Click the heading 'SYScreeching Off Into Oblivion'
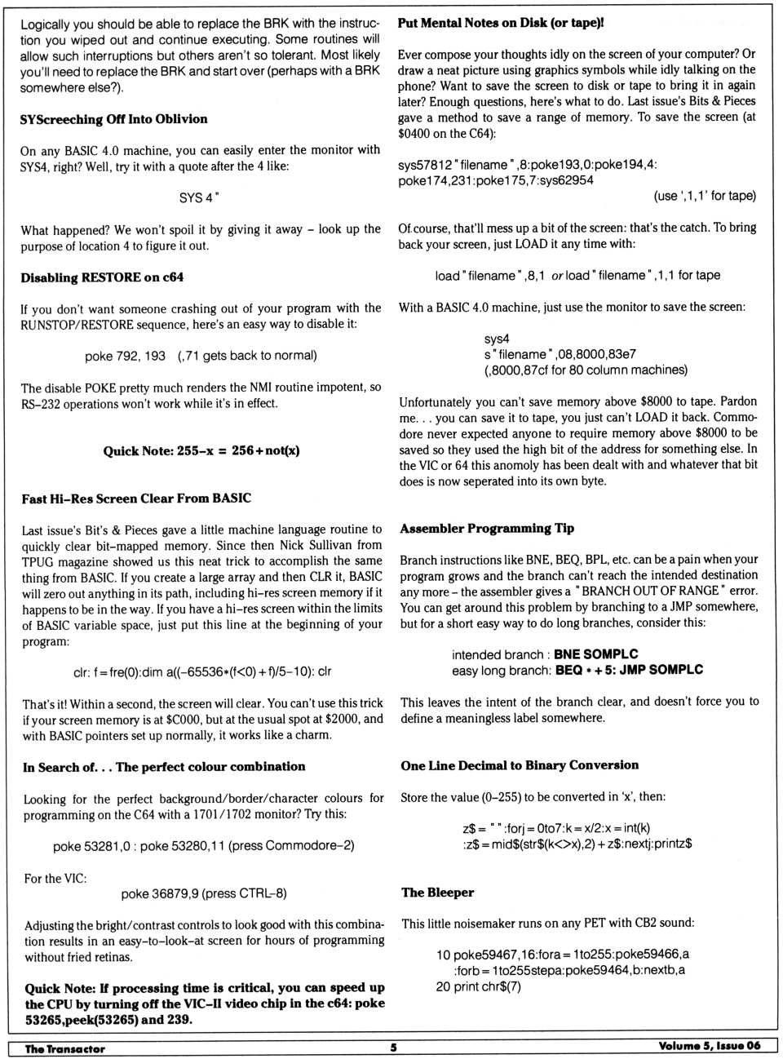coord(113,119)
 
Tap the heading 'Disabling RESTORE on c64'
coord(102,277)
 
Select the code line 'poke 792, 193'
coord(125,356)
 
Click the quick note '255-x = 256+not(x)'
coord(201,450)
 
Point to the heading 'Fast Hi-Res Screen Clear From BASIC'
coord(136,498)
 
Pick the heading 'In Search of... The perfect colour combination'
coord(164,767)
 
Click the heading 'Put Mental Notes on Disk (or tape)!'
coord(501,23)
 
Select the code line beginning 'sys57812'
coord(527,165)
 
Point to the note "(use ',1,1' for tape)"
coord(705,196)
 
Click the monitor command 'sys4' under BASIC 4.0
coord(497,339)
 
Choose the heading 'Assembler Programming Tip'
coord(487,529)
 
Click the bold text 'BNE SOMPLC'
coord(596,654)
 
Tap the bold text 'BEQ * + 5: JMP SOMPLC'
coord(629,670)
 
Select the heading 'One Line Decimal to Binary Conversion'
coord(520,765)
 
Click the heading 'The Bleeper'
coord(437,893)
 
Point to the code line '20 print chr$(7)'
coord(478,986)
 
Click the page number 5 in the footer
coord(393,1048)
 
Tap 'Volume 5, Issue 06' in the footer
coord(709,1047)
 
